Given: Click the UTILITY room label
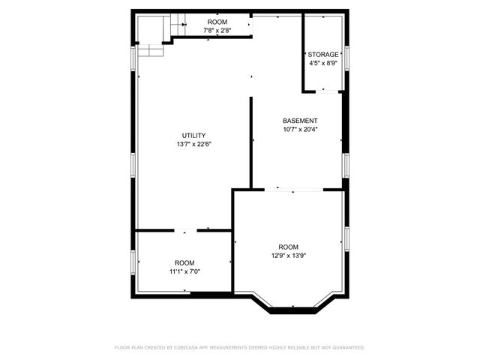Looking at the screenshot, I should pyautogui.click(x=193, y=135).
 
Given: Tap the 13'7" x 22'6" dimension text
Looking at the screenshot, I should pyautogui.click(x=193, y=144).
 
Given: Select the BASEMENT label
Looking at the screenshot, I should pyautogui.click(x=300, y=121).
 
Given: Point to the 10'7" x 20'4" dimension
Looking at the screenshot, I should pyautogui.click(x=300, y=129).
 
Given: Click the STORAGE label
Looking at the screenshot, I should pyautogui.click(x=323, y=55).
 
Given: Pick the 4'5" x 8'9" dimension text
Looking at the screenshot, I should pyautogui.click(x=323, y=64).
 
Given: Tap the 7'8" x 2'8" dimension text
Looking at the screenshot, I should pyautogui.click(x=217, y=31).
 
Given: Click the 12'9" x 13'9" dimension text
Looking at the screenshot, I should pyautogui.click(x=288, y=256).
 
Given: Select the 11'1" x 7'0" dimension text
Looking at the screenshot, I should pyautogui.click(x=184, y=271).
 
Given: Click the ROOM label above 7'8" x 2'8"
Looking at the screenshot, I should pyautogui.click(x=217, y=22).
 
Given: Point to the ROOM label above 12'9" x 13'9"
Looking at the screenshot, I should pyautogui.click(x=288, y=247).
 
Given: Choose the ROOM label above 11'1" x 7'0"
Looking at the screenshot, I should pyautogui.click(x=184, y=262).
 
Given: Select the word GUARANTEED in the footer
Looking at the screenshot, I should pyautogui.click(x=346, y=348).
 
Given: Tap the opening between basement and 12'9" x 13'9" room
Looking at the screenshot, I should pyautogui.click(x=291, y=189).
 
